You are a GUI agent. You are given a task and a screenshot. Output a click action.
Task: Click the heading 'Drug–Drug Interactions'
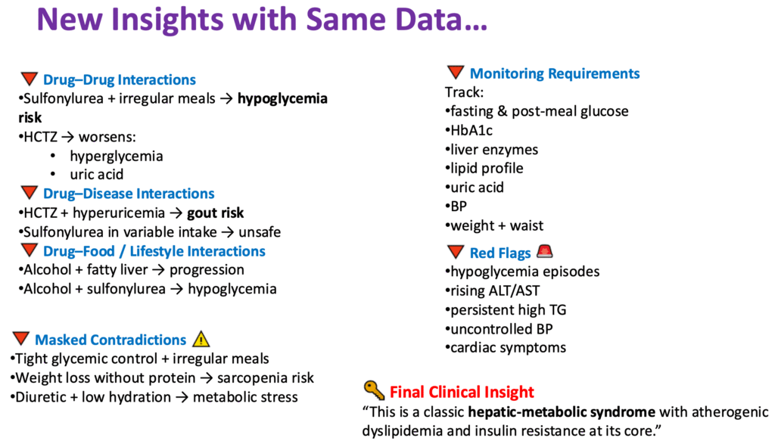(119, 80)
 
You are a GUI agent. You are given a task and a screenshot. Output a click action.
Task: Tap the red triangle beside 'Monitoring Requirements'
(455, 73)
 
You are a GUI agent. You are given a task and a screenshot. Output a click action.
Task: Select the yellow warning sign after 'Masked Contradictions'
(201, 340)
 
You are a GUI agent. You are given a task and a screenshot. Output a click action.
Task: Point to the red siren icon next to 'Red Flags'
(544, 252)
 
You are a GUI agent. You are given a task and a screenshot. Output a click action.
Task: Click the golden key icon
(374, 391)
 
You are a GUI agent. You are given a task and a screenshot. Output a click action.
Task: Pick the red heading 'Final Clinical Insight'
(462, 392)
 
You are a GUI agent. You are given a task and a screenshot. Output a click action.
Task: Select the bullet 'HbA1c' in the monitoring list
(472, 130)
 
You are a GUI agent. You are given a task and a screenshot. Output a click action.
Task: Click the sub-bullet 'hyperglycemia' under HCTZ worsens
(116, 156)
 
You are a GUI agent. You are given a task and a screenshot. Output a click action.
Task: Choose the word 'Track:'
(464, 92)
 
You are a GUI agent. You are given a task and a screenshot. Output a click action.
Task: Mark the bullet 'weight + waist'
(496, 225)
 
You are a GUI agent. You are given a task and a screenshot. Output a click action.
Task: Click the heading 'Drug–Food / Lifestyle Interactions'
(154, 251)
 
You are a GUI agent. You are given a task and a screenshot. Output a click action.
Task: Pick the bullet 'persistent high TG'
(508, 309)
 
